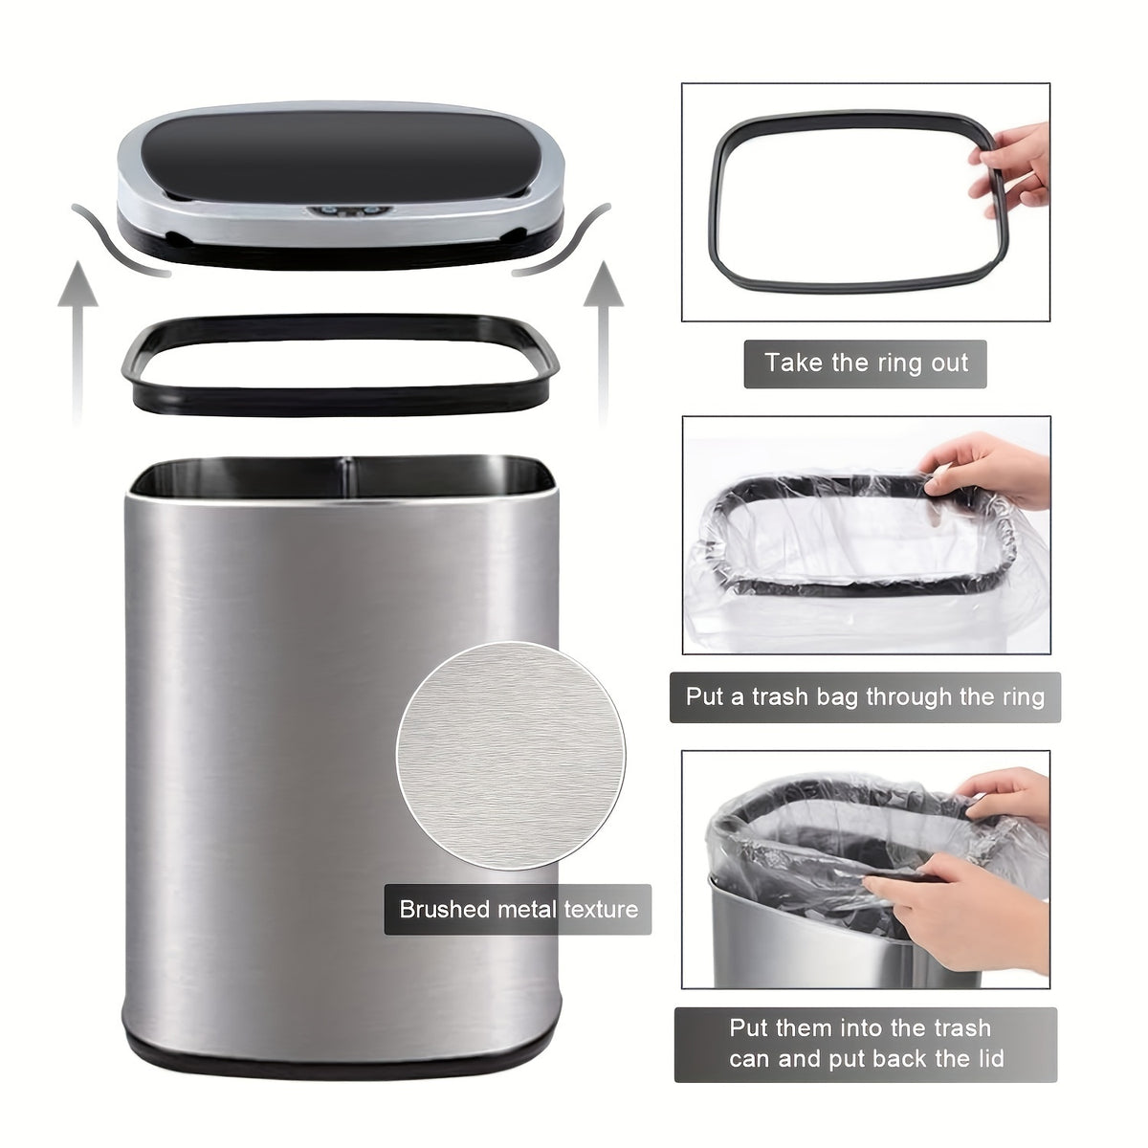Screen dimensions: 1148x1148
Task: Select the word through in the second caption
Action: tap(911, 695)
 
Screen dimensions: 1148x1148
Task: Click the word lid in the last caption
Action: tap(986, 1058)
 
